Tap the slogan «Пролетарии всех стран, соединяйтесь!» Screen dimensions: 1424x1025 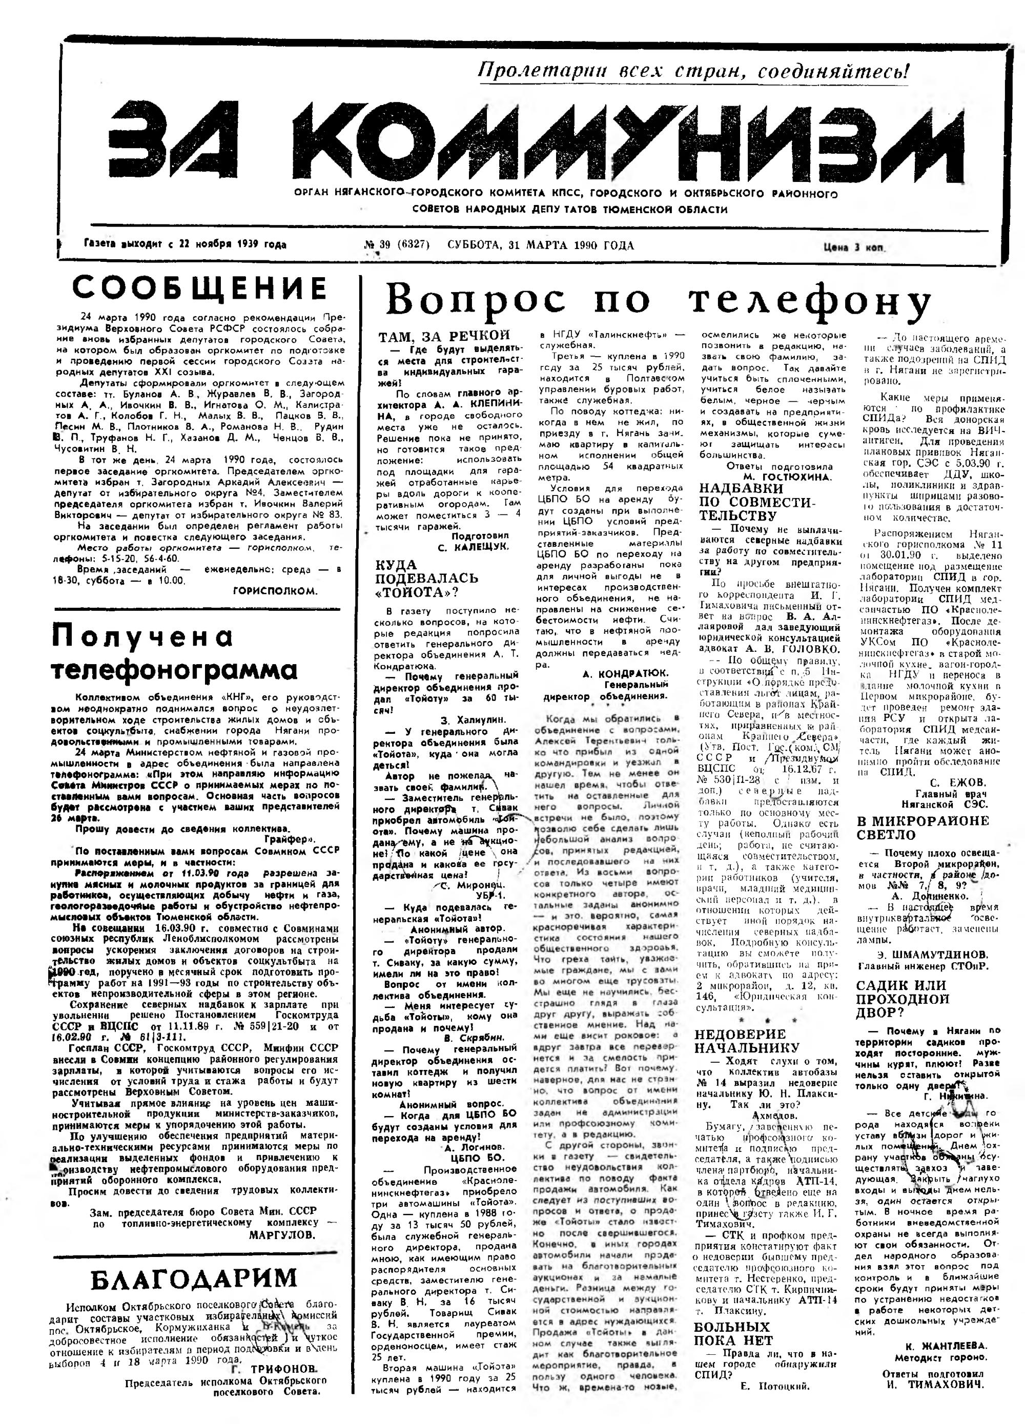coord(693,71)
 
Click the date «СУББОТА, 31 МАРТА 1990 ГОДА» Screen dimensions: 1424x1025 coord(541,245)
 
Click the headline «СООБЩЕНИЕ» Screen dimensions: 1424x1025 coord(200,288)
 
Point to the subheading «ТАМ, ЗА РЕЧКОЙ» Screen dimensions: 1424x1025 coord(444,336)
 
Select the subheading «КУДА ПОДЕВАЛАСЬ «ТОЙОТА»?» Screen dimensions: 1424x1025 coord(426,577)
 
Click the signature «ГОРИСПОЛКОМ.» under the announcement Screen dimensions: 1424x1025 coord(275,591)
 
